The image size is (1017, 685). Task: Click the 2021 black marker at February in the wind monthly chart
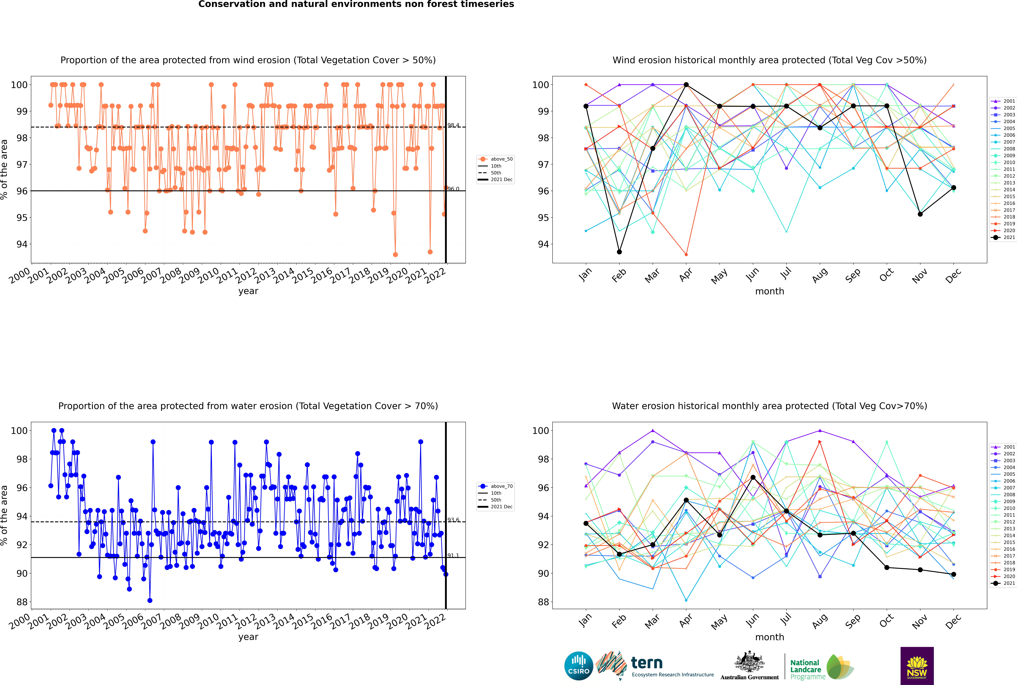(619, 252)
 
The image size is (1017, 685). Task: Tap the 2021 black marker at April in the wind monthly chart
(686, 85)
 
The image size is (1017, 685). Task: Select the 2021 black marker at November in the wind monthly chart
(920, 214)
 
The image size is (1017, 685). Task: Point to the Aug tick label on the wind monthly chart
(819, 275)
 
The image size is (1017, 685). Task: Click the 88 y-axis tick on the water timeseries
(22, 602)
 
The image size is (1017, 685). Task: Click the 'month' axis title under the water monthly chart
(770, 637)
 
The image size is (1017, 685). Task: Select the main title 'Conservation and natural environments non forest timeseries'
(356, 4)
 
